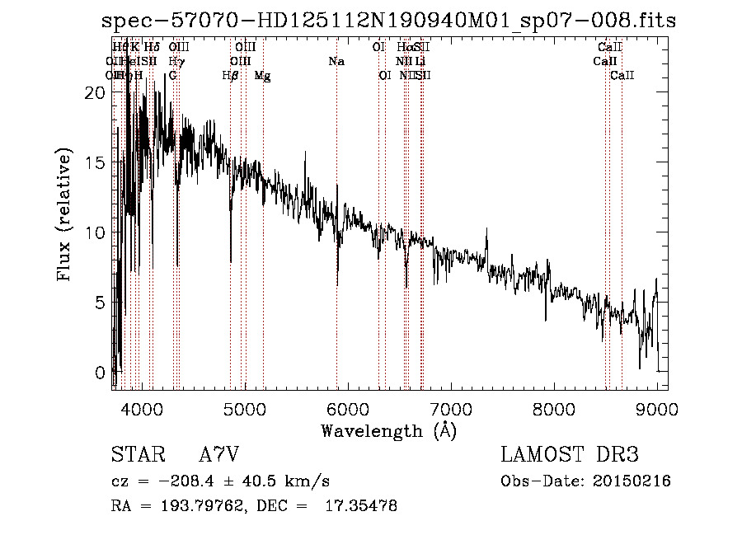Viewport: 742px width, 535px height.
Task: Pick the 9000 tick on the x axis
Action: click(656, 408)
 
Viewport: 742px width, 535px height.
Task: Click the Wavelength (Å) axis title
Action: click(388, 430)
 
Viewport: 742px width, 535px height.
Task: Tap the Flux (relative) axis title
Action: click(65, 214)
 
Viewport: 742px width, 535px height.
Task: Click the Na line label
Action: click(336, 62)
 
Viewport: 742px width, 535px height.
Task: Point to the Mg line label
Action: click(262, 76)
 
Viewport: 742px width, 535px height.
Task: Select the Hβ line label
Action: click(231, 76)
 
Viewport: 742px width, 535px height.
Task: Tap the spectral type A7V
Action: click(218, 455)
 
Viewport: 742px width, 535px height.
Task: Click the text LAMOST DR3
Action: click(570, 455)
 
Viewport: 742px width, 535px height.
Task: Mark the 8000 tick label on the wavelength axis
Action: click(554, 408)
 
